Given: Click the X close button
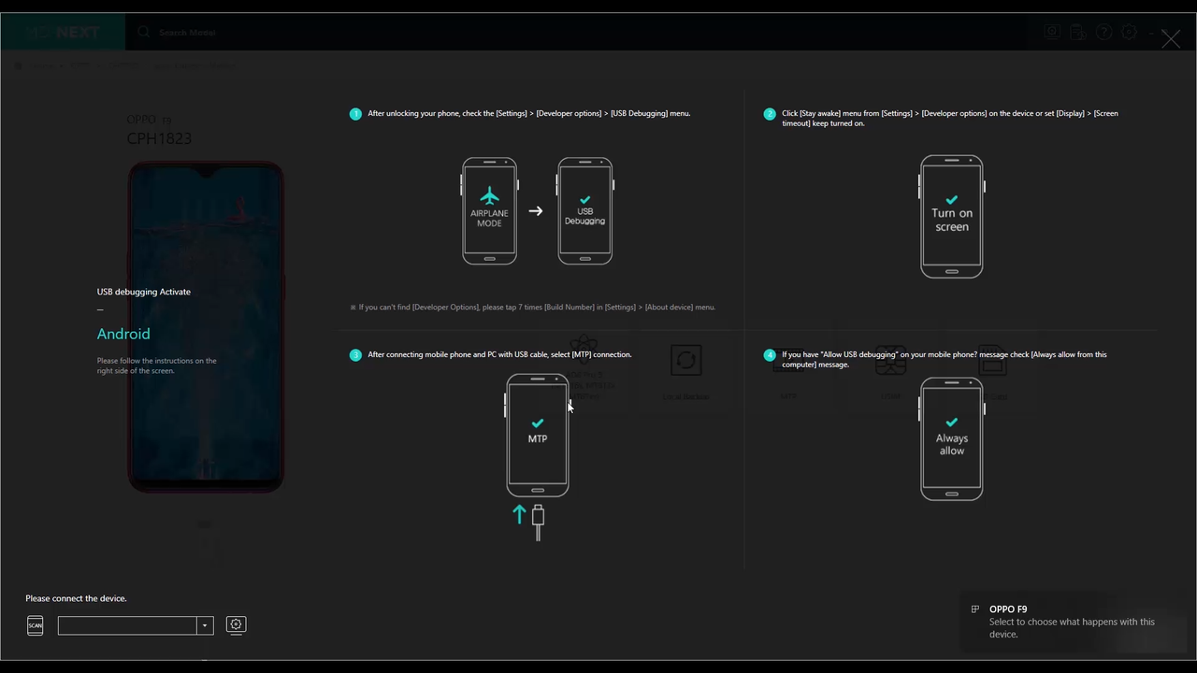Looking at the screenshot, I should pyautogui.click(x=1170, y=38).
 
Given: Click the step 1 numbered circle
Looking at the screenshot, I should pyautogui.click(x=355, y=114).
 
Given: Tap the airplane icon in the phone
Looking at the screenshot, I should pyautogui.click(x=489, y=195).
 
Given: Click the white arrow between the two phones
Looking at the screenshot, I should pyautogui.click(x=536, y=211).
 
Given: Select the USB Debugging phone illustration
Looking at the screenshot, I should pyautogui.click(x=585, y=211).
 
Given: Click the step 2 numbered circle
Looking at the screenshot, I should pyautogui.click(x=770, y=114).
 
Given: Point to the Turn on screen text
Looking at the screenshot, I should pyautogui.click(x=952, y=220).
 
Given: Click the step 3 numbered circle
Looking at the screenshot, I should pyautogui.click(x=355, y=355).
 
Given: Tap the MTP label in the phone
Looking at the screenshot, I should pyautogui.click(x=538, y=438).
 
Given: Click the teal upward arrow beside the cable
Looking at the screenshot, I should pyautogui.click(x=519, y=514).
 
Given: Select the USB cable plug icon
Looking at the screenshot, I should pyautogui.click(x=538, y=522).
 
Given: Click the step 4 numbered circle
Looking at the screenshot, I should pyautogui.click(x=770, y=355).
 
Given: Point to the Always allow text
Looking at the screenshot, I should pyautogui.click(x=952, y=444).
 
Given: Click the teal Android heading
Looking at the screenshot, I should pyautogui.click(x=123, y=334).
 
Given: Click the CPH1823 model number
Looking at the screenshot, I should pyautogui.click(x=159, y=138).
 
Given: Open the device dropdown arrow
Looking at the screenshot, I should pyautogui.click(x=205, y=625).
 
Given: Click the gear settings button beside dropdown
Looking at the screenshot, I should pyautogui.click(x=236, y=624).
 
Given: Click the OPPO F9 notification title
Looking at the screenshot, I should pyautogui.click(x=1008, y=609).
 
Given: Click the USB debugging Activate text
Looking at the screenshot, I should pyautogui.click(x=144, y=292).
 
